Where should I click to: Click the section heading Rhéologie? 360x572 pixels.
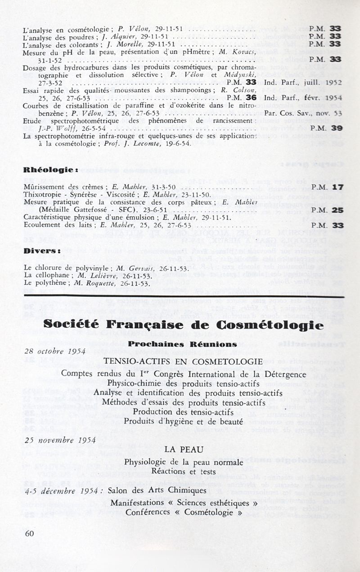(51, 170)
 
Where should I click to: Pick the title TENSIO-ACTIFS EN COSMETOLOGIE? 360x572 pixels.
(183, 361)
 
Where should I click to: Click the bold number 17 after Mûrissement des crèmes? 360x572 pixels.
(338, 186)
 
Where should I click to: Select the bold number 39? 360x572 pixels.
(337, 128)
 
